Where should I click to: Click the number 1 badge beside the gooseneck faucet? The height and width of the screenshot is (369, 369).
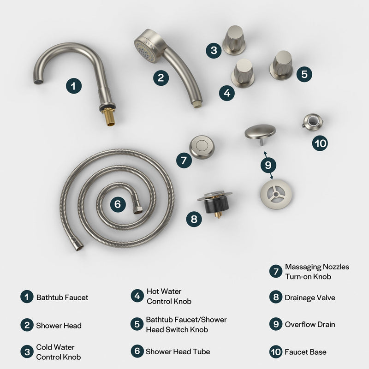(73, 85)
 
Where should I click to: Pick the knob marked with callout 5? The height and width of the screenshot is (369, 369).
(281, 65)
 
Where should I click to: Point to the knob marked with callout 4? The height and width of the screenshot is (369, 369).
(242, 72)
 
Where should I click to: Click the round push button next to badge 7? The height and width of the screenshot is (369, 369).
(202, 147)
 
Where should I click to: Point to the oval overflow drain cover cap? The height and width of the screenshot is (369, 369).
(260, 131)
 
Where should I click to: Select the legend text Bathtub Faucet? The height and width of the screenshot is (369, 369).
(62, 298)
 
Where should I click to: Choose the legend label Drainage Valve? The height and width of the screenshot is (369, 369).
(310, 298)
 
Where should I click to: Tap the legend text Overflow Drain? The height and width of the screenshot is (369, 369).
(310, 324)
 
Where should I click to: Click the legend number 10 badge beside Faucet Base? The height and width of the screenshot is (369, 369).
(276, 352)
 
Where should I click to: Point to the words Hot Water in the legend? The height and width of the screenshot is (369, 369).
(164, 292)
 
